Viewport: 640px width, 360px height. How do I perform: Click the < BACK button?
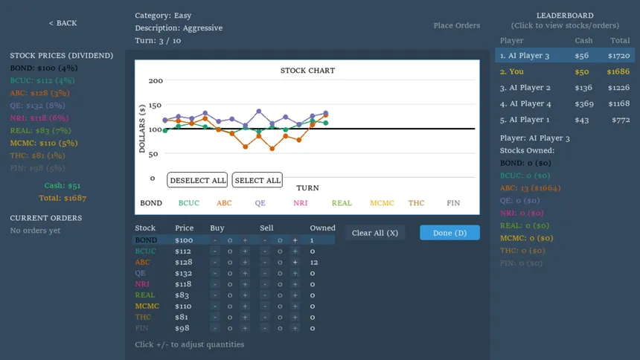[63, 23]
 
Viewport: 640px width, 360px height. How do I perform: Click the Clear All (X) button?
[375, 233]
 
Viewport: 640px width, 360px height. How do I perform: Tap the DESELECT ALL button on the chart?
[197, 180]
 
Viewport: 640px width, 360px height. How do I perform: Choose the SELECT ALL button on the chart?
[257, 180]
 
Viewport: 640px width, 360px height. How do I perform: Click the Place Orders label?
[457, 25]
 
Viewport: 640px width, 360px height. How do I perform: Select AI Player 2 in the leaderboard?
[525, 88]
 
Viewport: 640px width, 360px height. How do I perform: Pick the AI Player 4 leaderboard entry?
[525, 103]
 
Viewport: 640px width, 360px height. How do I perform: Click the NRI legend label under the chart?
[301, 202]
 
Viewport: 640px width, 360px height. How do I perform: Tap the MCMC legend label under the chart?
[383, 202]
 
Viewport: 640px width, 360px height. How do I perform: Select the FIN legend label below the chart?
[453, 202]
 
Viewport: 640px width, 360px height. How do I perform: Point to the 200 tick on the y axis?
[156, 80]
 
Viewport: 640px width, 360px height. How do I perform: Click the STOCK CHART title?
[307, 71]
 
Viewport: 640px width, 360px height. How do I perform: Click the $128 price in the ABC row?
[184, 262]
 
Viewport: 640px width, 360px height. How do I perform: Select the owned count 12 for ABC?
[314, 262]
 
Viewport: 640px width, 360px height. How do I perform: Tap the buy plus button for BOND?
[245, 240]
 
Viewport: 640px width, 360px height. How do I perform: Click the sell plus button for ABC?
[295, 262]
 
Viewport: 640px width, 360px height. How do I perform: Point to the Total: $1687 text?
[63, 198]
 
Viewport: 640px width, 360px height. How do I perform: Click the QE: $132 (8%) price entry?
[42, 105]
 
